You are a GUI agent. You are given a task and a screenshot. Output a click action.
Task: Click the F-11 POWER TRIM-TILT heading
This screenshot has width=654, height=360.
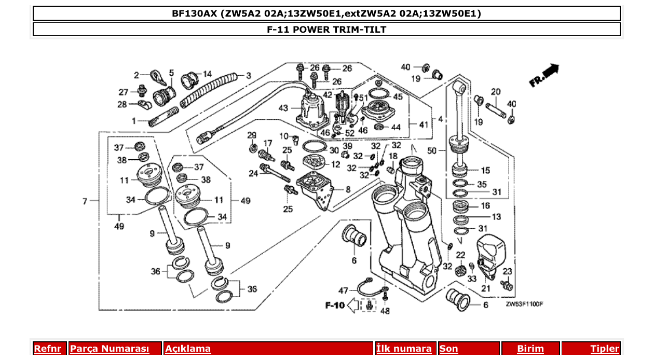coord(326,30)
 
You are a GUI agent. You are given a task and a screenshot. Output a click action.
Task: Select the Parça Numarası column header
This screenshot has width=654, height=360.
coord(110,349)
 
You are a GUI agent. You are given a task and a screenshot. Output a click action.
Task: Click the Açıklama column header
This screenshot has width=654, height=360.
coord(188,349)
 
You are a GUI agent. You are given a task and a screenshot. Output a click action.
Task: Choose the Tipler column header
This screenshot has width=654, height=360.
coord(604,349)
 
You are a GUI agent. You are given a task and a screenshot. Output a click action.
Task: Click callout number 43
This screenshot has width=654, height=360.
coord(283,108)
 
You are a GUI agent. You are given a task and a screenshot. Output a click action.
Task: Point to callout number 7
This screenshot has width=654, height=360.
coord(85,200)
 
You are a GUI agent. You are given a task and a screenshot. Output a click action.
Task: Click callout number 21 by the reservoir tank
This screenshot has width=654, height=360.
coord(486,288)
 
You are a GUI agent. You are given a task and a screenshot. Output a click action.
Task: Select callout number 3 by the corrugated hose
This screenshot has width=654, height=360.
coord(249,76)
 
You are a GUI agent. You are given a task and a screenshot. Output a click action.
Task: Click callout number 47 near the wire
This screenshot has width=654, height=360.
coord(344,290)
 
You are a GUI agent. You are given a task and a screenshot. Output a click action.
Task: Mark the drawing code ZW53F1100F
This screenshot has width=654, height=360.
coord(524,304)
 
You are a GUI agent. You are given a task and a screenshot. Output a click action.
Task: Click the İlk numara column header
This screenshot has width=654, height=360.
coord(404,349)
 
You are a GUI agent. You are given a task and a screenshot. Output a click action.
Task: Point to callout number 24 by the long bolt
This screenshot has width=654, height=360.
coord(253,174)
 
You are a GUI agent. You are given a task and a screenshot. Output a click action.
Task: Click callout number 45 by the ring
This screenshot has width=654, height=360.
coord(398,96)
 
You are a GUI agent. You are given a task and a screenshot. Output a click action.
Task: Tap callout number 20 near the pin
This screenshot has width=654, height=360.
coord(496,92)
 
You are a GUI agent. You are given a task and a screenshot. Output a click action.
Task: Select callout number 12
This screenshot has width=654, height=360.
coord(336,164)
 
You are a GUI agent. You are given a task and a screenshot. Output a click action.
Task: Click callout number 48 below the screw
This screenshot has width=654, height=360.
coord(385,311)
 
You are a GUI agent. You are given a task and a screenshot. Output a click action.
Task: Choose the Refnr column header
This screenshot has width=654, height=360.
coord(47,349)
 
